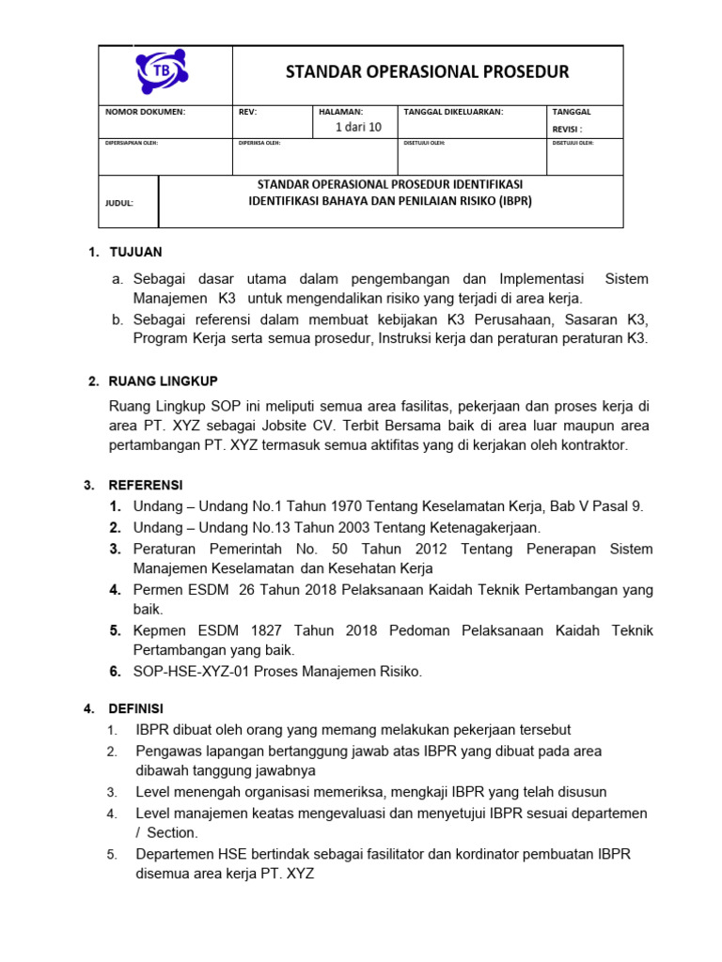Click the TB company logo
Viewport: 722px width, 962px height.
tap(163, 72)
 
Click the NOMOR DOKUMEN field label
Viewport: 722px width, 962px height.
tap(145, 112)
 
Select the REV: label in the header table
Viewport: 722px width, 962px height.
tap(247, 112)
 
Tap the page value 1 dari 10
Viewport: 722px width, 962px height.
tap(359, 128)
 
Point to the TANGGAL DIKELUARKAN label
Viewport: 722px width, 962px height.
tap(453, 112)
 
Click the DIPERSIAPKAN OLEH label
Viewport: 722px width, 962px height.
tap(131, 144)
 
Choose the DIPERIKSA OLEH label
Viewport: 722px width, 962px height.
tap(260, 144)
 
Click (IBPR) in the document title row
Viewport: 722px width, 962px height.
tap(512, 201)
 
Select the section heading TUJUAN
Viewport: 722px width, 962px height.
tap(136, 252)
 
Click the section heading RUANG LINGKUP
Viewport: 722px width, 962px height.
tap(164, 380)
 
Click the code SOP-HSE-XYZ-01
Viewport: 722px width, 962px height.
tap(189, 672)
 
